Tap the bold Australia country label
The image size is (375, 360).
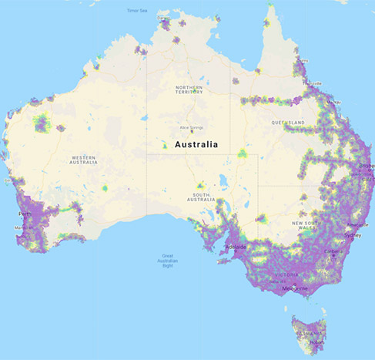coord(196,144)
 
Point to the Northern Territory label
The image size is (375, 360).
coord(189,90)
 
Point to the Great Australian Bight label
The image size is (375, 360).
coord(167,260)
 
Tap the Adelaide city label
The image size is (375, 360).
coord(236,248)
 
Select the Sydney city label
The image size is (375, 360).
coord(353,234)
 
